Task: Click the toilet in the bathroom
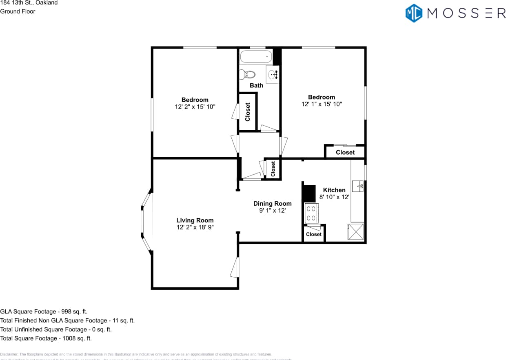pos(248,74)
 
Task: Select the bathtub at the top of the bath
pos(256,56)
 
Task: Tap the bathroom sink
pos(273,74)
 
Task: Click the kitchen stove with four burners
pos(311,213)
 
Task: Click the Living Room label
pos(195,220)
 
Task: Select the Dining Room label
pos(272,204)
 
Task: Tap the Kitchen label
pos(334,190)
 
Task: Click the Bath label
pos(256,85)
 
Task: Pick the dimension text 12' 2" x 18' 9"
pos(195,227)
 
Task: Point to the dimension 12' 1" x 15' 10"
pos(322,104)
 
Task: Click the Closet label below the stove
pos(313,234)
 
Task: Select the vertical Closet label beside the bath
pos(247,112)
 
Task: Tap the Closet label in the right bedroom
pos(345,152)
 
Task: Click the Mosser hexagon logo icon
pos(413,13)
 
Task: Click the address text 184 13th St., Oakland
pos(29,3)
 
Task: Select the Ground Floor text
pos(18,11)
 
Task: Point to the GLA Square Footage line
pos(44,311)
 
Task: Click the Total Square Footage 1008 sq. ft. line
pos(46,338)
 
